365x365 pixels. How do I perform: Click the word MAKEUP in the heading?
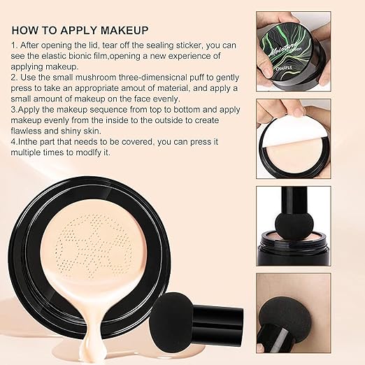click(124, 31)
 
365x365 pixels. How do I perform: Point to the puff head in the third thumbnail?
click(292, 227)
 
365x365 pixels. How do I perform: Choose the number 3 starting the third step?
click(13, 110)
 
